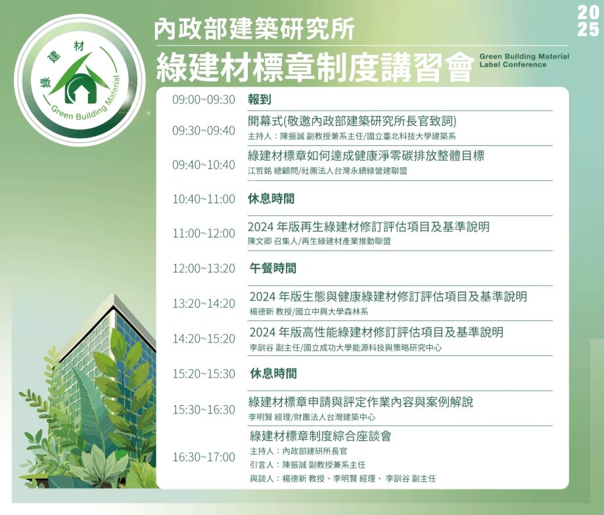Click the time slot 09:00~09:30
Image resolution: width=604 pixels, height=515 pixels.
coord(203,100)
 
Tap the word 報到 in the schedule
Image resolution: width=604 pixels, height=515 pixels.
coord(259,99)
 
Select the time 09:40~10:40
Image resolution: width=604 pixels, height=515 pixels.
coord(203,165)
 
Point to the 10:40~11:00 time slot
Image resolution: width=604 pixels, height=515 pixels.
coord(203,199)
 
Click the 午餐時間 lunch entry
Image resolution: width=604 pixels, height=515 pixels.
coord(273,268)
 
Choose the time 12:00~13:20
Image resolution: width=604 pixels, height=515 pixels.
coord(203,268)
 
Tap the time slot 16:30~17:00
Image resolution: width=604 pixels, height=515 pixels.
coord(203,457)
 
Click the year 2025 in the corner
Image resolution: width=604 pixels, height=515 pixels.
coord(588,22)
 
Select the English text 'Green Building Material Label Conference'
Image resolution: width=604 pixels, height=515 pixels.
coord(524,61)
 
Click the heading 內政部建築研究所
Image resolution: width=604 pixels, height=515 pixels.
coord(254,30)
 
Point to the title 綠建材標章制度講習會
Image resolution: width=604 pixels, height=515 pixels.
coord(314,67)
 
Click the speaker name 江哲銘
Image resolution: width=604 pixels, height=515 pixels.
coord(260,171)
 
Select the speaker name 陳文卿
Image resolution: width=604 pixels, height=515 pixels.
coord(260,241)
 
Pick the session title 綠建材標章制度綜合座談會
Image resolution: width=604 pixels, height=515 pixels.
coord(321,436)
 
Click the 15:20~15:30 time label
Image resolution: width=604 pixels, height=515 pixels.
coord(203,374)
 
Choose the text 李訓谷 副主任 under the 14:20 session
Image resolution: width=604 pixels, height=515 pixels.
coord(274,348)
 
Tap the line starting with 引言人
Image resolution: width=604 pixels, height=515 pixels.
coord(308,465)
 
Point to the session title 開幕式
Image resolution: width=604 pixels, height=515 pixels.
coord(265,122)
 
